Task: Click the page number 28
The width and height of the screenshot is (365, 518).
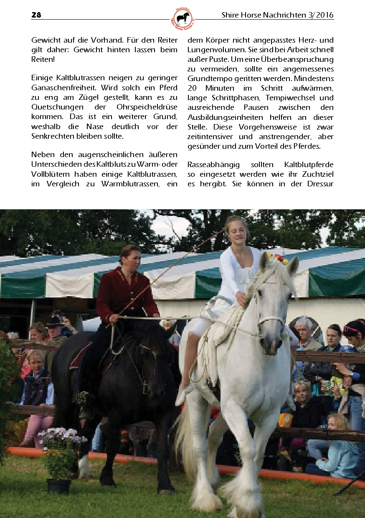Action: [x=36, y=15]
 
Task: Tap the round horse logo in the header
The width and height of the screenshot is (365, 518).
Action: [x=182, y=18]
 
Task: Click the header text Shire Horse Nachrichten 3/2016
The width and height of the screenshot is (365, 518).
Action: [x=277, y=15]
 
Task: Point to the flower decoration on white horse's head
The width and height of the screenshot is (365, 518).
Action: [x=278, y=258]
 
